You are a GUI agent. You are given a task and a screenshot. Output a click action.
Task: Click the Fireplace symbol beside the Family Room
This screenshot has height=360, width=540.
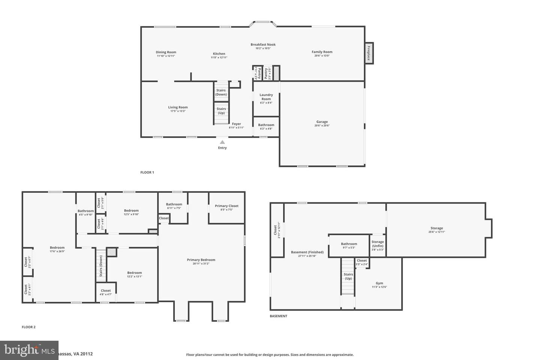369,53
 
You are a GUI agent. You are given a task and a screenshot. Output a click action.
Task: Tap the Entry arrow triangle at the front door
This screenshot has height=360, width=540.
222,142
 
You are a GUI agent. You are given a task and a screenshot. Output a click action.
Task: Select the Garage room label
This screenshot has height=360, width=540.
322,122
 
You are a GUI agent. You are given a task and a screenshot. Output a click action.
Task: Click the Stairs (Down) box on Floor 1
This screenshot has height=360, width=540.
221,92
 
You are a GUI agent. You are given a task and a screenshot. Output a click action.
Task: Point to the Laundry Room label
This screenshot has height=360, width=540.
266,97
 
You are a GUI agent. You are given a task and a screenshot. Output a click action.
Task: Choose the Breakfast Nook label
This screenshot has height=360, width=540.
263,45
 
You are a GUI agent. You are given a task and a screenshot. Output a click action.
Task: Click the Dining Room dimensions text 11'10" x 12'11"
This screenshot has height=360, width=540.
166,56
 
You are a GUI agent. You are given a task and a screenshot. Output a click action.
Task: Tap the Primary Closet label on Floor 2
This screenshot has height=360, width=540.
226,206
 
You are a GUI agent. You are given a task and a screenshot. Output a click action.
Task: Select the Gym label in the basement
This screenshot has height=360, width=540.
379,283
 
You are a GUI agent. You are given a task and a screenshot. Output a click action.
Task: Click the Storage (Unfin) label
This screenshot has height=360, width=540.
378,244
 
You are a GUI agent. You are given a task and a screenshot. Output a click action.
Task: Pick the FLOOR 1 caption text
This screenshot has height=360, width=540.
147,172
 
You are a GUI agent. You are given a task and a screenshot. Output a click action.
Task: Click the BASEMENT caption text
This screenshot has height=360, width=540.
278,316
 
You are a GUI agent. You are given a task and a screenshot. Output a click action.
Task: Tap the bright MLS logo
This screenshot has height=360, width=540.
29,350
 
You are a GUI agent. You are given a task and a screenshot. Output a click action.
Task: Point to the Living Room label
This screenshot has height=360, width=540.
178,107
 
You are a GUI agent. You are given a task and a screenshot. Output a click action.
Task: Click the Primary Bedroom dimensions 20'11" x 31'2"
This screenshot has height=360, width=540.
201,264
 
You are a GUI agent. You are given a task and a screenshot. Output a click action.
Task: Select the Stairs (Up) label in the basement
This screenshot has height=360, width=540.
348,276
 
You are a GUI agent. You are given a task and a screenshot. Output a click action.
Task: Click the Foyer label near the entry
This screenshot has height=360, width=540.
236,124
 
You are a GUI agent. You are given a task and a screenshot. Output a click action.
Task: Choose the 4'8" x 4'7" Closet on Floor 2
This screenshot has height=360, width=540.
106,292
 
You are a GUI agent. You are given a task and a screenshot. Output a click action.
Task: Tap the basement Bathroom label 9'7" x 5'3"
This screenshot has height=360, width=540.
349,244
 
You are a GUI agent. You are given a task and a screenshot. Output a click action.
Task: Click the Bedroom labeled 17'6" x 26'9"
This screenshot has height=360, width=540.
57,247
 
